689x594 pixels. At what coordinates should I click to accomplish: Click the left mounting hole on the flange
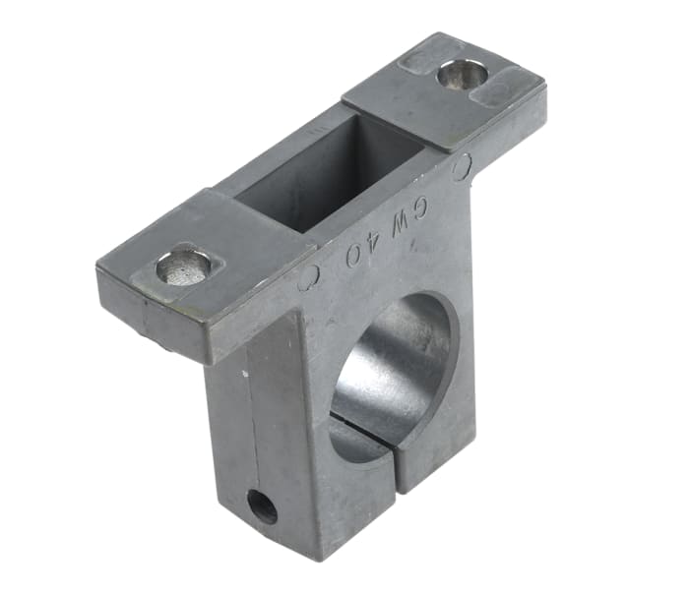point(185,267)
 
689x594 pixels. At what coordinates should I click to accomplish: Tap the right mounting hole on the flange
point(461,74)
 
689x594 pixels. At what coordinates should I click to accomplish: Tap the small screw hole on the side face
point(262,506)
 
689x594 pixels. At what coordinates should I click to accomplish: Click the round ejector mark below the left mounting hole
point(308,278)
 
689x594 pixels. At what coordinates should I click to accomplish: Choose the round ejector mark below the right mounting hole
point(462,168)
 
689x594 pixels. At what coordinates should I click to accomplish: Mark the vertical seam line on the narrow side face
point(253,433)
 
